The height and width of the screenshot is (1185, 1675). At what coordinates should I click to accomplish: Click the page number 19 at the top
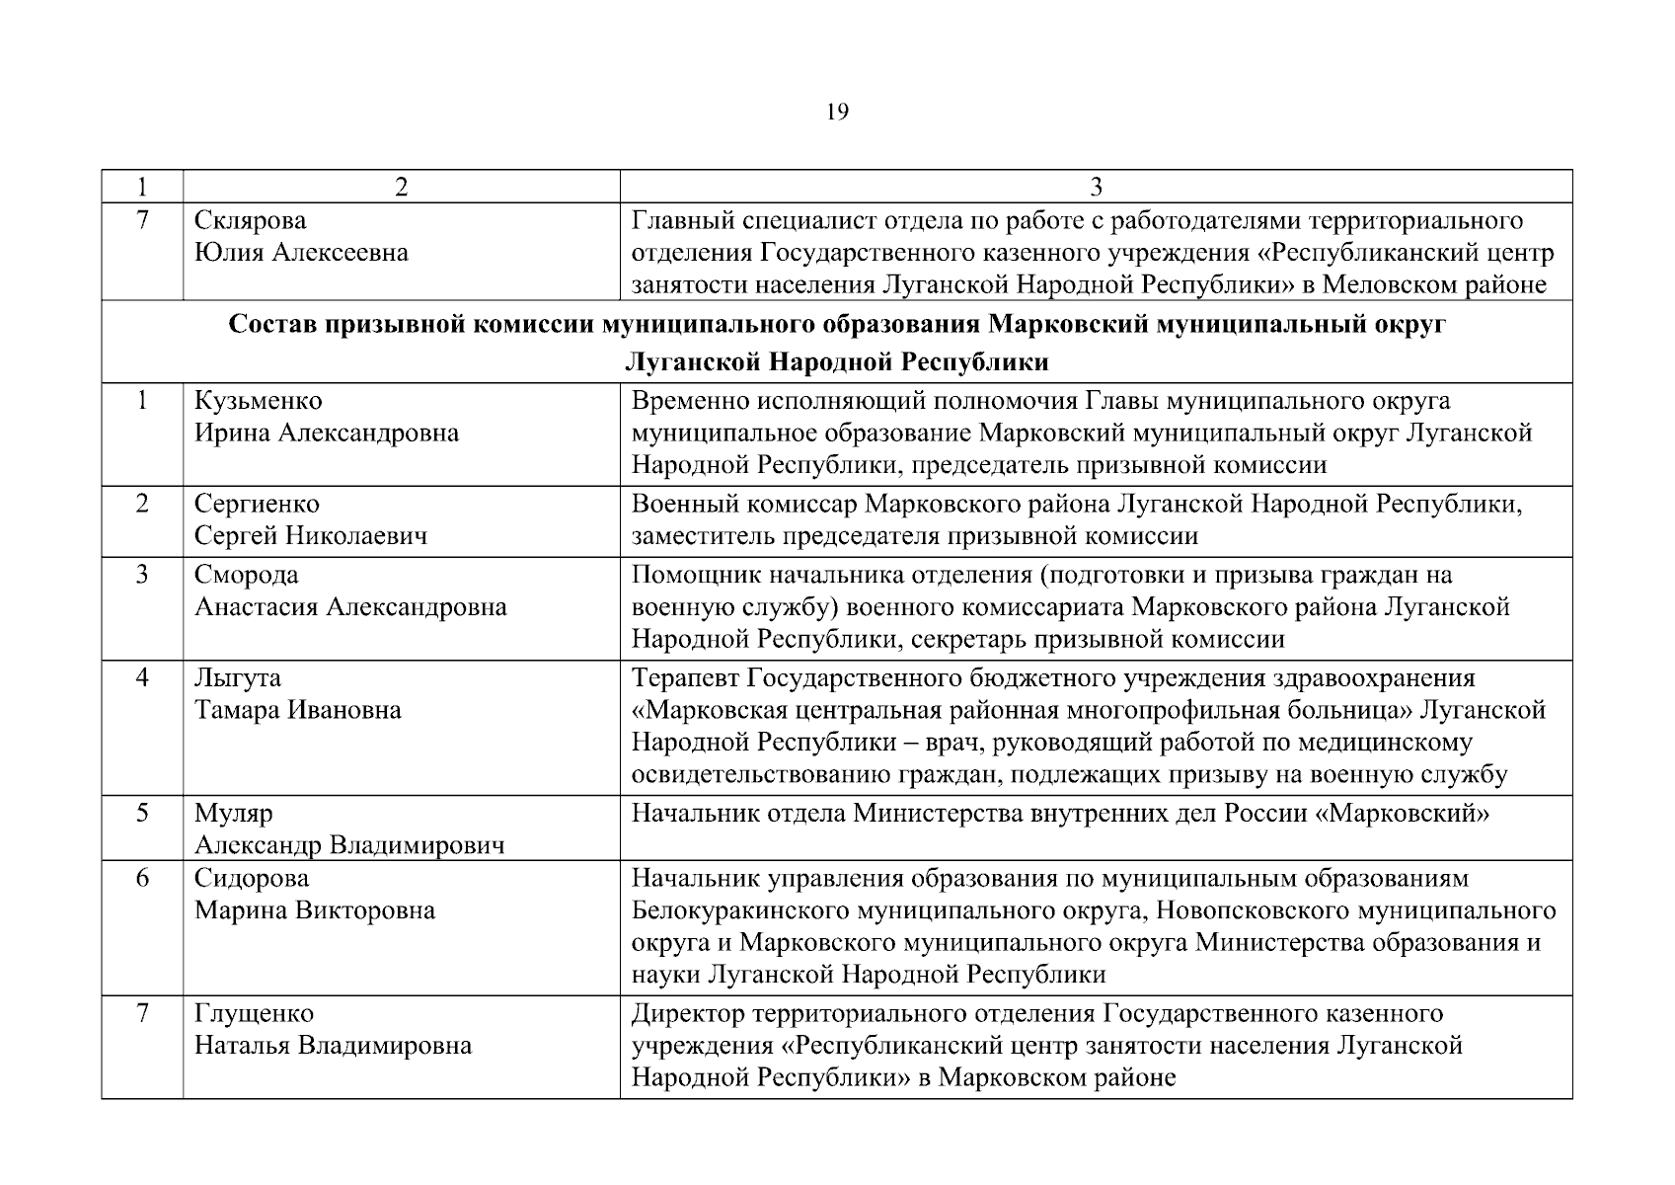pos(836,113)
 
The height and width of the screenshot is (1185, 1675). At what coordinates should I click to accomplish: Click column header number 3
pos(1096,188)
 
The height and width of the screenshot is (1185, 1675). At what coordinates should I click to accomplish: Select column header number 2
pos(401,188)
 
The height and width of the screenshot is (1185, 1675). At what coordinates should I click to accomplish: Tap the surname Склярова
pos(250,220)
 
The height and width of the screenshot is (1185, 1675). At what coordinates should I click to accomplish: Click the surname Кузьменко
pos(258,401)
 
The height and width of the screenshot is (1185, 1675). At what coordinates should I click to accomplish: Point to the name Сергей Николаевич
pos(311,536)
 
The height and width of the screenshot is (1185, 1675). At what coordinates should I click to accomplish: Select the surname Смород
pos(246,575)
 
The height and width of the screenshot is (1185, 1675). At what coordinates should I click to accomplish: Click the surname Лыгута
pos(237,678)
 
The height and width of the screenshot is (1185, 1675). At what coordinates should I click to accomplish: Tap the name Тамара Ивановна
pos(297,710)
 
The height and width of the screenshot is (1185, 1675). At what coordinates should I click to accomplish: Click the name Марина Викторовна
pos(314,910)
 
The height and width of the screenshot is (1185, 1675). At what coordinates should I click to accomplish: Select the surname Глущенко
pos(254,1014)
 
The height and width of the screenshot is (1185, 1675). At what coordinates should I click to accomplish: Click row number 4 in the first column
pos(142,678)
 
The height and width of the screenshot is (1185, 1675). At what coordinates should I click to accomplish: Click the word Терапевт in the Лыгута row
pos(685,678)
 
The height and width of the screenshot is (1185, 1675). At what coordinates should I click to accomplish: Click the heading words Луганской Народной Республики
pos(836,362)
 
